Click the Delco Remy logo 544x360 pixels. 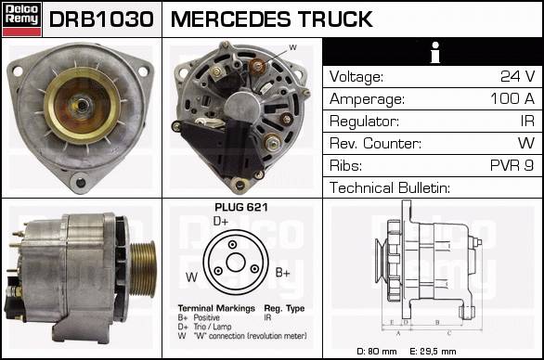22,19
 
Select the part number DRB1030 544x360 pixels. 101,19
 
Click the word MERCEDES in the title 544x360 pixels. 231,19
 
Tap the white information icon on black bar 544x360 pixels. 435,52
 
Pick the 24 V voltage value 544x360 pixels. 517,76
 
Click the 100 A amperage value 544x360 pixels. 512,98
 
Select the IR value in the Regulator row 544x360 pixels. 527,121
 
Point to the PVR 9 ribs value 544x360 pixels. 512,165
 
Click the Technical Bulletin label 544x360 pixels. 390,187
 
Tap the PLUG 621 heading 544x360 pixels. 241,208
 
